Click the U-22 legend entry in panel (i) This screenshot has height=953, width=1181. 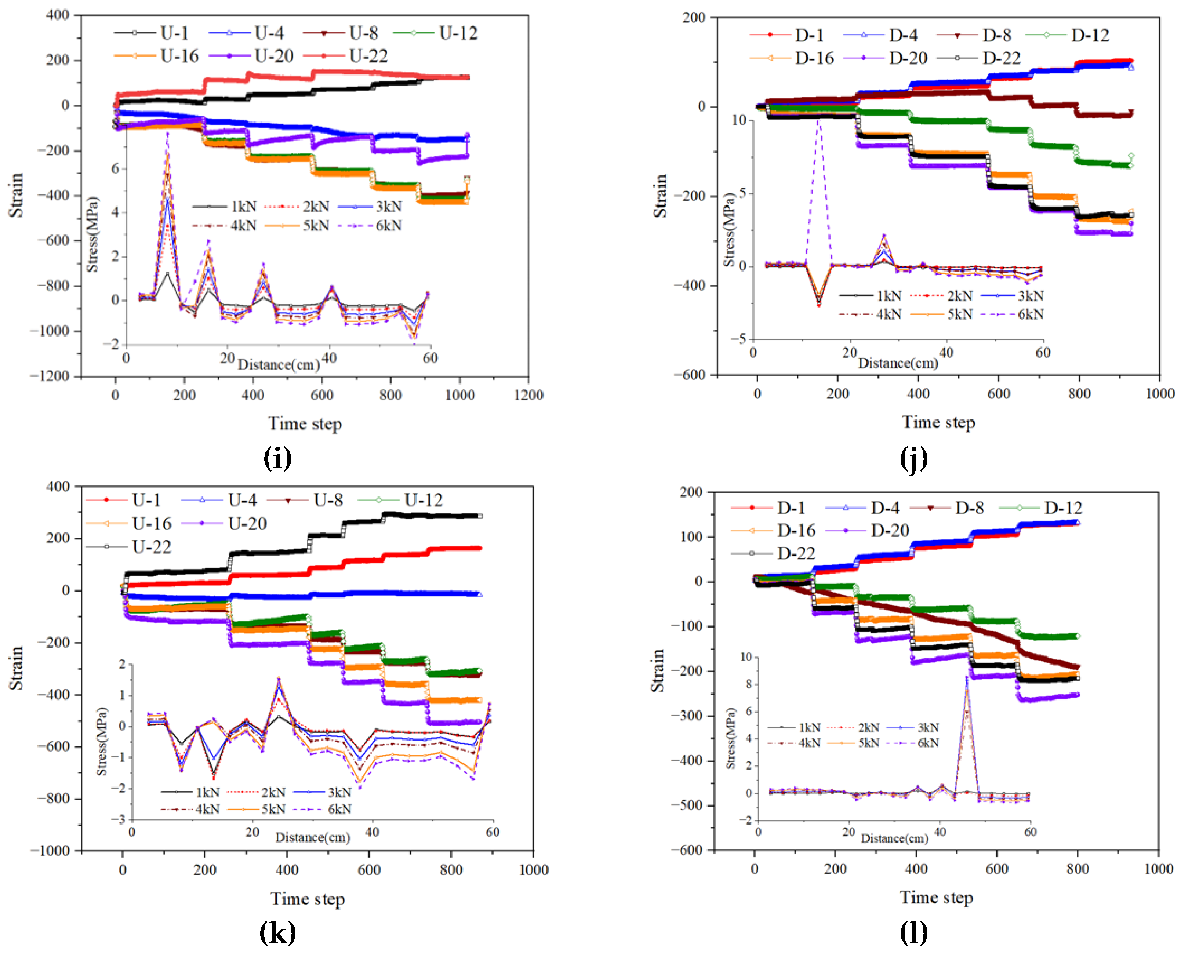(368, 56)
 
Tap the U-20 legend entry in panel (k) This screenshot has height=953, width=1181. (247, 524)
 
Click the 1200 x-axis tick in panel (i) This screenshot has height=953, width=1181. (528, 395)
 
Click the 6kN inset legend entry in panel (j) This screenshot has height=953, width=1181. (1031, 314)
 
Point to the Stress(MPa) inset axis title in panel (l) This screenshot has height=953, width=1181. (730, 738)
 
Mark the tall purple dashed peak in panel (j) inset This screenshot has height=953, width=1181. (819, 120)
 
